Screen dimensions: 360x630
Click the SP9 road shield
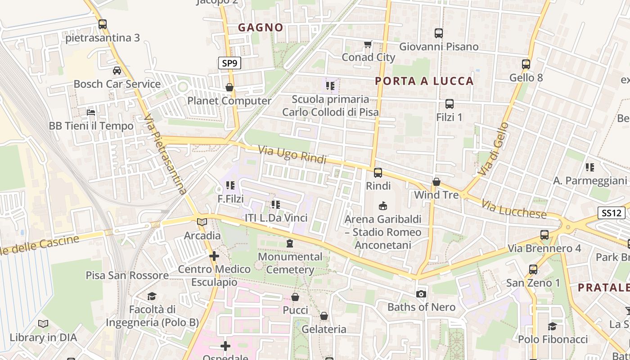pyautogui.click(x=229, y=63)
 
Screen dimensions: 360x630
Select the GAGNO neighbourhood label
pyautogui.click(x=261, y=27)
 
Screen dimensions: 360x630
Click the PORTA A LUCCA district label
pyautogui.click(x=424, y=81)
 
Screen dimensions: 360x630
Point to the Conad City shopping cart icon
pyautogui.click(x=368, y=44)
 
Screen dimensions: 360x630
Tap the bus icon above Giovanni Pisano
pyautogui.click(x=438, y=33)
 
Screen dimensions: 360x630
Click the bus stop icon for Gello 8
pyautogui.click(x=526, y=64)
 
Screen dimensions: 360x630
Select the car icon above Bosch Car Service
pyautogui.click(x=117, y=71)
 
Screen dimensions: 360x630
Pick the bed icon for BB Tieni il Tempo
pyautogui.click(x=91, y=112)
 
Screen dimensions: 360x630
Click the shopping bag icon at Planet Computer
pyautogui.click(x=229, y=87)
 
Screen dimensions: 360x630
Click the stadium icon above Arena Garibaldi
pyautogui.click(x=383, y=206)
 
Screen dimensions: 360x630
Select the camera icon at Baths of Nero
pyautogui.click(x=421, y=294)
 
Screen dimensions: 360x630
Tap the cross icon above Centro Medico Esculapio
pyautogui.click(x=214, y=256)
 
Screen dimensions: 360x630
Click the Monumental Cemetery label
pyautogui.click(x=290, y=263)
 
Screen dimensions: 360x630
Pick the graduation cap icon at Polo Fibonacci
pyautogui.click(x=553, y=326)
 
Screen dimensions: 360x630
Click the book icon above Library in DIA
pyautogui.click(x=43, y=324)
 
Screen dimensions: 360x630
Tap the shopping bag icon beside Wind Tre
pyautogui.click(x=436, y=182)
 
